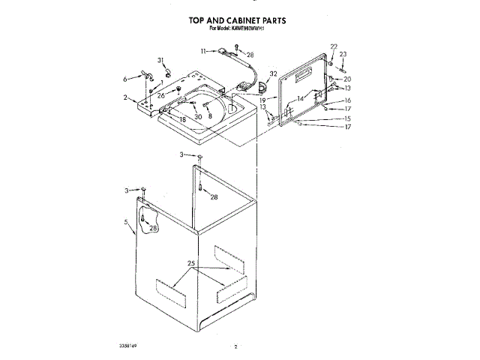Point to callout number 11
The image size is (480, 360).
point(203,50)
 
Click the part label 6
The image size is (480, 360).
point(125,78)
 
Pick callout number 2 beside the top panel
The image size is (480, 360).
point(125,97)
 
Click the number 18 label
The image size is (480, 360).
point(182,118)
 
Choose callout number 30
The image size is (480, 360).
point(198,116)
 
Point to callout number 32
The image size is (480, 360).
point(273,73)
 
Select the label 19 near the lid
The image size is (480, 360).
point(263,99)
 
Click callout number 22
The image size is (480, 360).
point(334,46)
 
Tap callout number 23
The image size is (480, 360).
point(343,54)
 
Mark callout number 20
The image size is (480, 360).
point(347,79)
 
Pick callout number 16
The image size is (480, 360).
point(347,100)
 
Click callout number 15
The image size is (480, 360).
point(347,118)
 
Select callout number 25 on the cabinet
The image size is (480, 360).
point(191,264)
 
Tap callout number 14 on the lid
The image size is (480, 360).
point(299,99)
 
